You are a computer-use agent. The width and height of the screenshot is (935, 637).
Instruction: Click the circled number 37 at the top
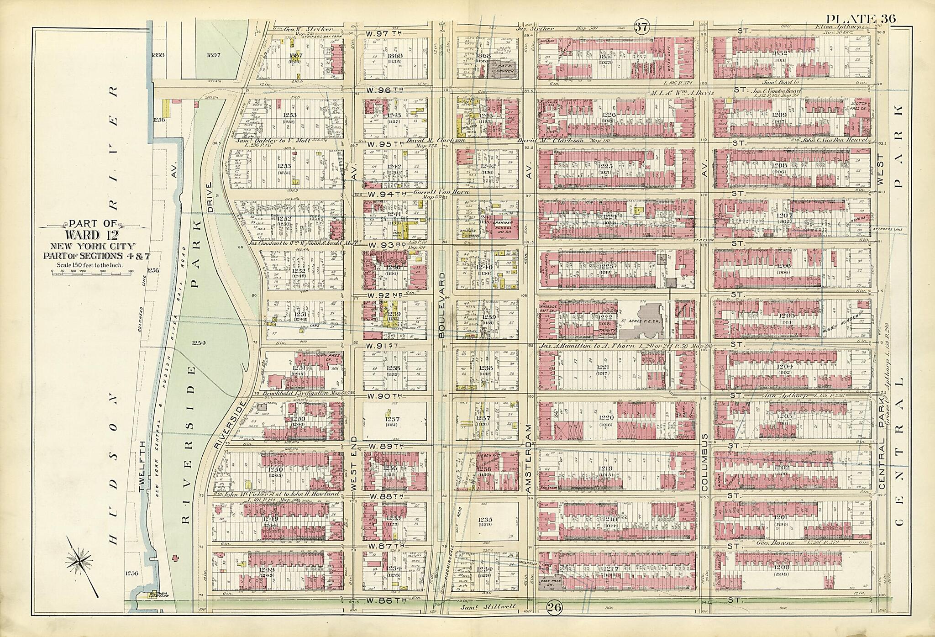(641, 27)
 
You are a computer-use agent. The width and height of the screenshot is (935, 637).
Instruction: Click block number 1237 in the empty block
(391, 419)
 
